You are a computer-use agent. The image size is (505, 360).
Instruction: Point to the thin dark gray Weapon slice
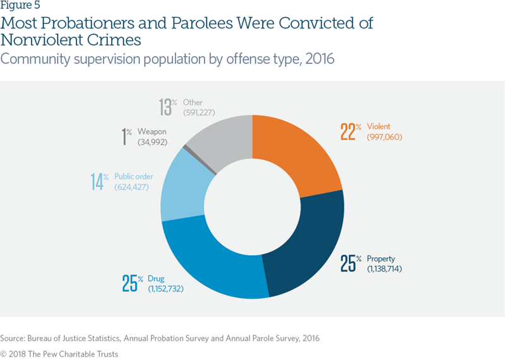click(185, 148)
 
